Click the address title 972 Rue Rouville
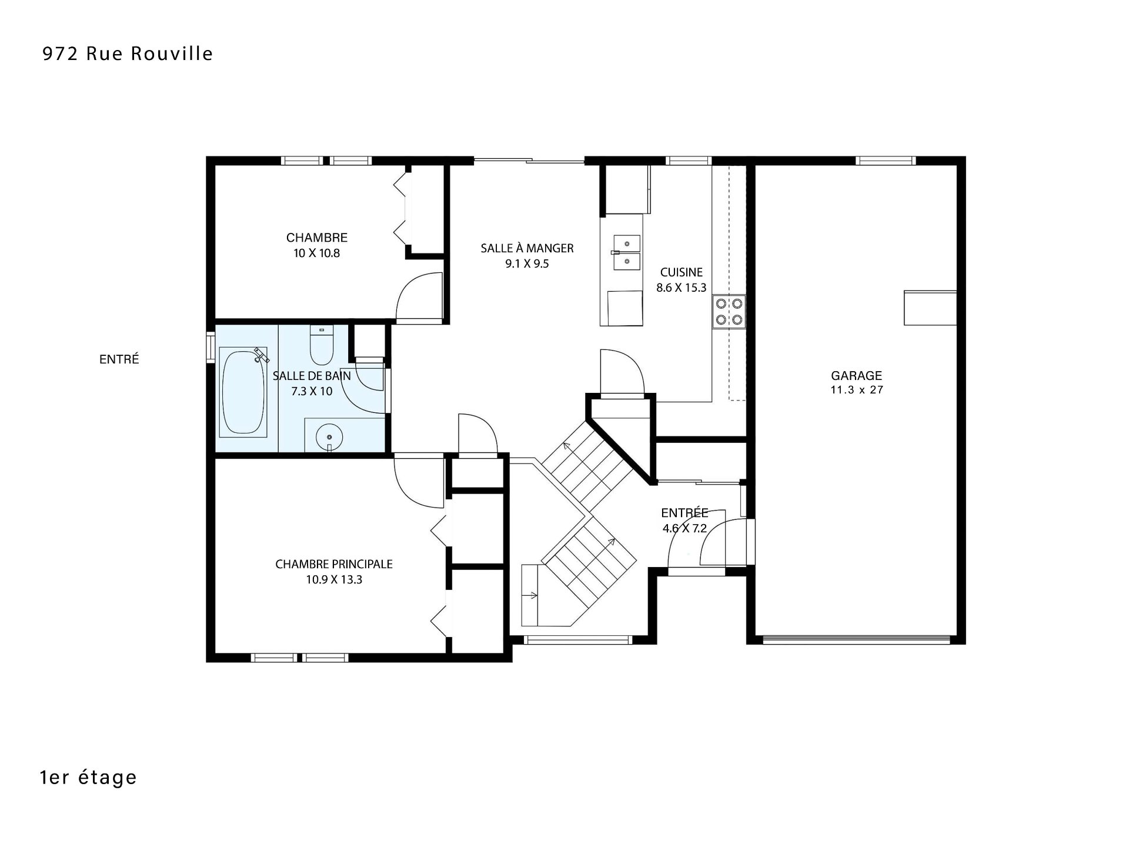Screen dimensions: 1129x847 (x=128, y=54)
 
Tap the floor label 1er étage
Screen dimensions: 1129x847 (x=88, y=777)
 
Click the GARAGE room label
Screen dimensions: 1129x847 (x=856, y=375)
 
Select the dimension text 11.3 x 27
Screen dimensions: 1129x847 (x=857, y=389)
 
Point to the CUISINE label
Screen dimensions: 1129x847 (x=682, y=272)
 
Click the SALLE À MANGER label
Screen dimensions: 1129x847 (x=527, y=248)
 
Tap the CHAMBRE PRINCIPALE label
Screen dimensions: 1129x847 (x=334, y=564)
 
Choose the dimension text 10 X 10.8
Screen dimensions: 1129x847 (x=317, y=254)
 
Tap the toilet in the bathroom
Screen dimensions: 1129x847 (x=321, y=345)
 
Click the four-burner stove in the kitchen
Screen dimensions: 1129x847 (x=729, y=311)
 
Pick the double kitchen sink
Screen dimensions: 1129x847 (x=627, y=252)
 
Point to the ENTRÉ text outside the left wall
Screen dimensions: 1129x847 (x=119, y=359)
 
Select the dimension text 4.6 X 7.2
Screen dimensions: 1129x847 (x=684, y=528)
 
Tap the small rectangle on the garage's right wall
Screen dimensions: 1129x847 (x=930, y=307)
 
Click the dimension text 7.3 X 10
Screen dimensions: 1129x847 (x=312, y=391)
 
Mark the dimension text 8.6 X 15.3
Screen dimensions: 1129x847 (x=682, y=288)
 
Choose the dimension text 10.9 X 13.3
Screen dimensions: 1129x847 (x=334, y=579)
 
